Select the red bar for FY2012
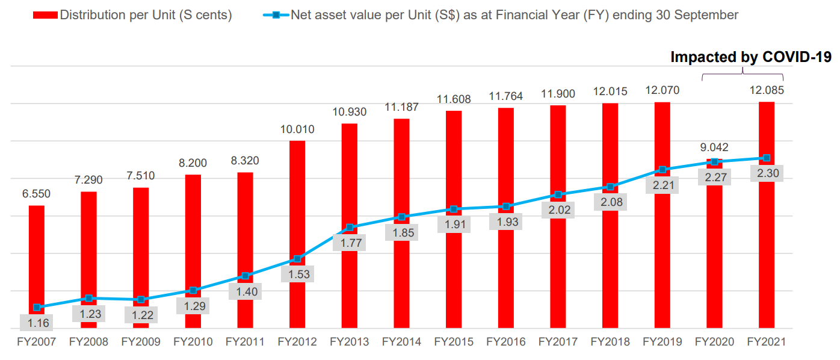[x=297, y=199]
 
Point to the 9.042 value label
[x=714, y=146]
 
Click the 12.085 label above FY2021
[x=766, y=91]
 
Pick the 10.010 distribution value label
[x=297, y=129]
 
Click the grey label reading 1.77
[x=350, y=243]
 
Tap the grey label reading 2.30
[x=766, y=173]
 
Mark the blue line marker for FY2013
[x=350, y=228]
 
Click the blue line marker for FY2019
[x=662, y=170]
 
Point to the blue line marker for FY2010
[x=193, y=290]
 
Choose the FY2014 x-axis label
[x=401, y=342]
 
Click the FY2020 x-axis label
[x=714, y=342]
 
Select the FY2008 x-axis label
[x=88, y=342]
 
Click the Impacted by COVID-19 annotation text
[x=751, y=57]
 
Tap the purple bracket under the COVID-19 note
[x=743, y=75]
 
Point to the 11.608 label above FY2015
[x=454, y=99]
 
